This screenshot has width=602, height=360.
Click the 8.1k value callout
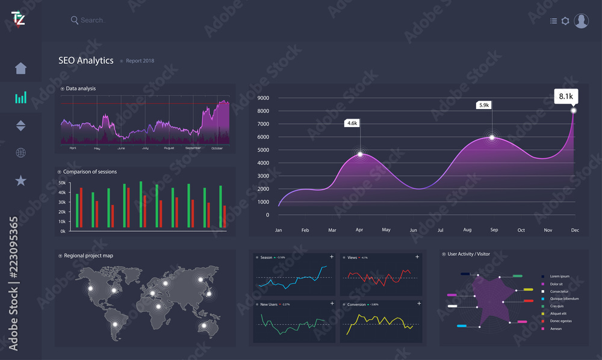pos(566,96)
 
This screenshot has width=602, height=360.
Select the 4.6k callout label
pos(352,123)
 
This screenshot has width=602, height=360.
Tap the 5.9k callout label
pos(484,105)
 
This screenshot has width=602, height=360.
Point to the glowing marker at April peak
pos(360,154)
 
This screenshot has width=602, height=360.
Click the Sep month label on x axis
pos(494,230)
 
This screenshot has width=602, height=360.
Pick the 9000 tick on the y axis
pos(263,98)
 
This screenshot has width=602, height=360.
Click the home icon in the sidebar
pos(21,67)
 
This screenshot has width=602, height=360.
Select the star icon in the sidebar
pos(21,180)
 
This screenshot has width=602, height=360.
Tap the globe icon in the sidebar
pos(21,152)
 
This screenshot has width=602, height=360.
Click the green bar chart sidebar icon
pos(21,98)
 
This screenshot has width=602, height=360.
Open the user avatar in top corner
pos(581,20)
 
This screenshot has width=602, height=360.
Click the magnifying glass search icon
pos(75,20)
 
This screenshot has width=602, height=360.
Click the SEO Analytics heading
pos(85,60)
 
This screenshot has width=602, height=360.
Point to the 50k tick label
pos(62,182)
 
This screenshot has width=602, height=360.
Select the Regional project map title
pos(88,256)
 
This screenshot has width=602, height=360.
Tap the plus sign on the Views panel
pos(417,257)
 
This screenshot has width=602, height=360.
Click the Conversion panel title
pos(356,305)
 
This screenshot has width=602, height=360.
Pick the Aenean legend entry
pos(556,329)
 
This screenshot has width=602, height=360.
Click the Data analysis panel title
pos(81,88)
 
